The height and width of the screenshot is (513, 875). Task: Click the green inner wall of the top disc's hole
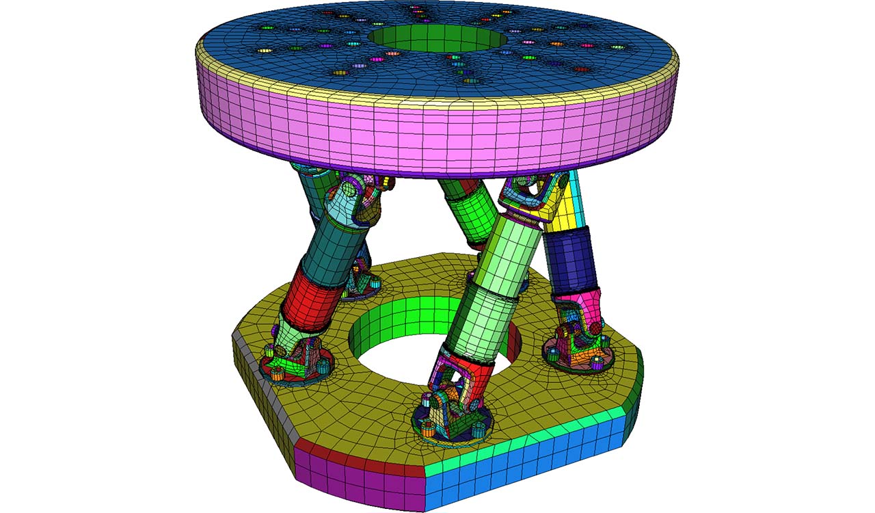click(x=437, y=38)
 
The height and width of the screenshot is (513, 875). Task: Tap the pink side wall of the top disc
click(x=437, y=137)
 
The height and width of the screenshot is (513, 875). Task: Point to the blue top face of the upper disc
click(x=273, y=34)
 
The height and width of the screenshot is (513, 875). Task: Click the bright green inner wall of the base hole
click(x=403, y=321)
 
